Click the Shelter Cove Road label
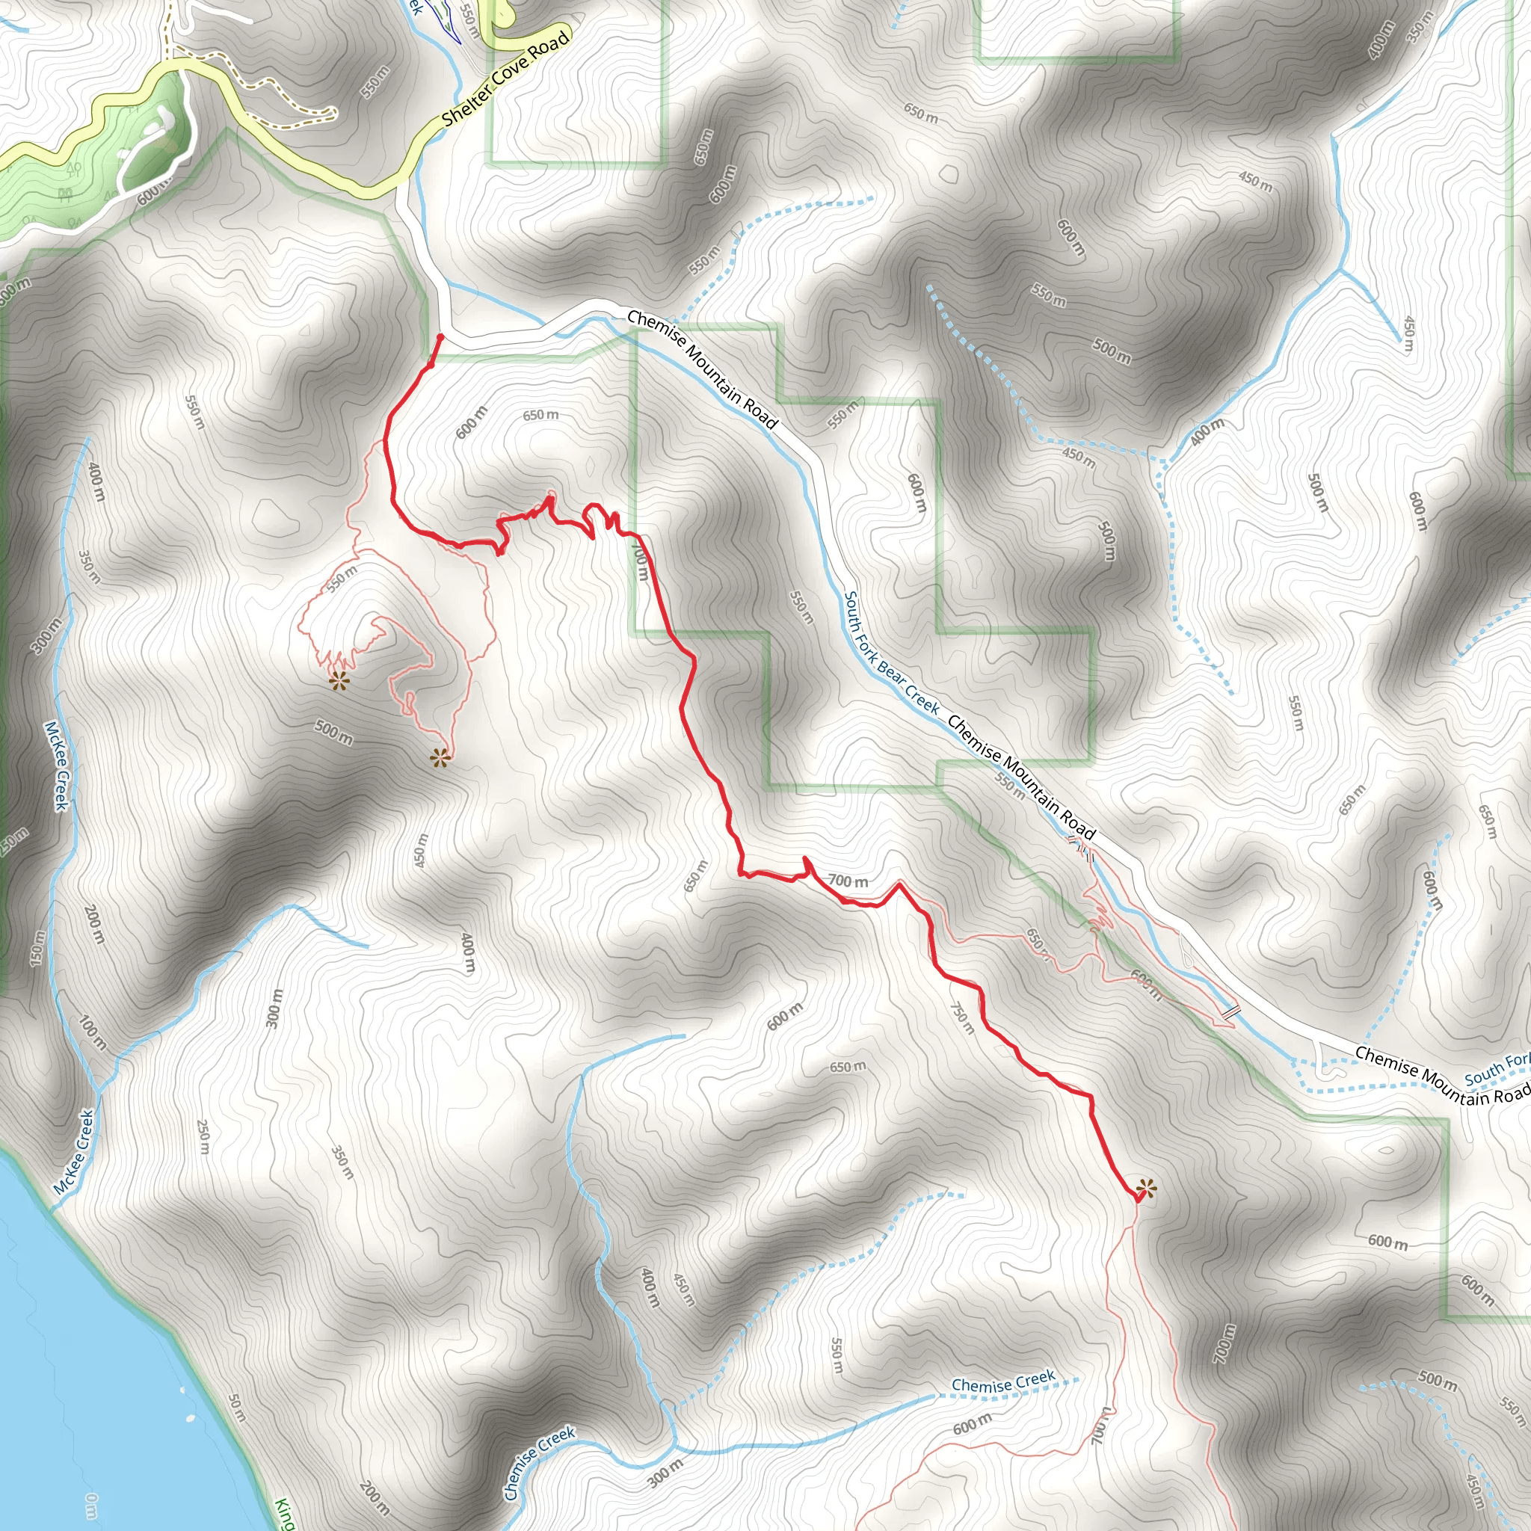505,78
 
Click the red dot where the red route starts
440,337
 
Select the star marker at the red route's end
1145,1189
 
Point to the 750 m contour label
962,1017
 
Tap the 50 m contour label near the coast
237,1406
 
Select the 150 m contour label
37,947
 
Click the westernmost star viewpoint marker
339,680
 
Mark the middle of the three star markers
440,757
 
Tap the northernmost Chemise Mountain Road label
702,369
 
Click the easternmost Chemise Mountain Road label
1442,1075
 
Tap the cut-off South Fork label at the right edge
1496,1070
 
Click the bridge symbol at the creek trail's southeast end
1229,1012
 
